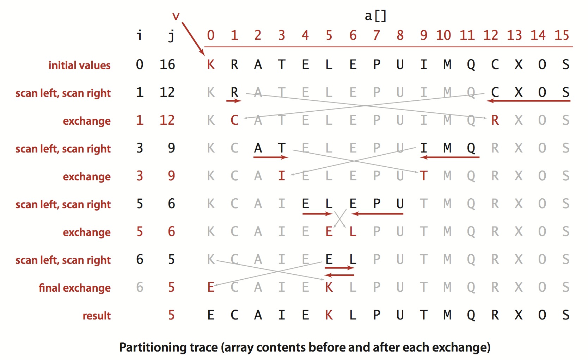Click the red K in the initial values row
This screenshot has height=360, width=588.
(211, 65)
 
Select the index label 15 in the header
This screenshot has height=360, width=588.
(562, 35)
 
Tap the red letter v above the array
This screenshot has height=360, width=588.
(176, 16)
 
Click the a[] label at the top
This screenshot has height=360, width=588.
(376, 16)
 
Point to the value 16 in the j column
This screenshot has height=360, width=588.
(167, 65)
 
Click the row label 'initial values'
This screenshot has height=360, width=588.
(79, 66)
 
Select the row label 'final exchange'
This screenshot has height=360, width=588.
(74, 288)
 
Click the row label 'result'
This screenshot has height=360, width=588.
(97, 316)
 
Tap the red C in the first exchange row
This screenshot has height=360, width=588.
(234, 120)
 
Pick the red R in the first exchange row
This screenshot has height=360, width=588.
(495, 120)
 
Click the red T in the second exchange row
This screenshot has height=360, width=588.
(424, 176)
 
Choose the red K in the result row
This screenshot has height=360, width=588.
(329, 315)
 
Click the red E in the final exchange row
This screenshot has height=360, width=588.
(211, 287)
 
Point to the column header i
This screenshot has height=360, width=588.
(140, 35)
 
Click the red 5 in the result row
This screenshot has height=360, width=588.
(171, 315)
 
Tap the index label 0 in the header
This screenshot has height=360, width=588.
(211, 35)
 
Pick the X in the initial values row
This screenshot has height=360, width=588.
(519, 65)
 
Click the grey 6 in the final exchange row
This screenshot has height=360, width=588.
(140, 287)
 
